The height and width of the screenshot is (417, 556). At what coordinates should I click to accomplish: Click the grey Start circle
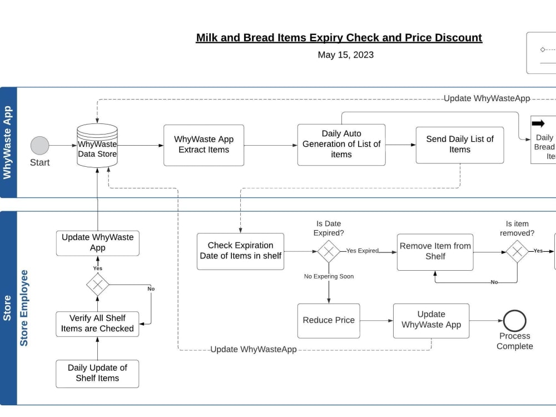click(39, 146)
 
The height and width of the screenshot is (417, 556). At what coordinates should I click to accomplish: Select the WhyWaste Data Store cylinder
click(97, 146)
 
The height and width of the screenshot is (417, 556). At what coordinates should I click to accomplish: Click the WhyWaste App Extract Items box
click(203, 145)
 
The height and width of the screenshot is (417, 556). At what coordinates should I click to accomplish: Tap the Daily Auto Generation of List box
click(341, 145)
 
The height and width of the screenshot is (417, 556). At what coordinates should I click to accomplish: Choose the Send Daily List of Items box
click(460, 145)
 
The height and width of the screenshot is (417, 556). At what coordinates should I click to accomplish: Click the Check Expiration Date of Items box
click(240, 251)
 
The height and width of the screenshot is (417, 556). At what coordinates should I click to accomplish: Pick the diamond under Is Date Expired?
click(329, 251)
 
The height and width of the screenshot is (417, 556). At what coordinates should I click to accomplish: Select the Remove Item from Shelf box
click(435, 252)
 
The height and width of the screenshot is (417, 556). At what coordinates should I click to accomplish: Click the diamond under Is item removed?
click(517, 251)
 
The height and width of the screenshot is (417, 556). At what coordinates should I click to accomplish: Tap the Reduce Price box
click(329, 321)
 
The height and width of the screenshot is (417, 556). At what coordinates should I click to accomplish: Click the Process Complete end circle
click(515, 321)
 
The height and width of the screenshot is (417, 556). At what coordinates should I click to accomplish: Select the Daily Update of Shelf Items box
click(97, 374)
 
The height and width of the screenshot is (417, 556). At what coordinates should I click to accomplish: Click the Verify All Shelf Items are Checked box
click(97, 324)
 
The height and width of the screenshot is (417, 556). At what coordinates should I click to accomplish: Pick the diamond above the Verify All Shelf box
click(98, 285)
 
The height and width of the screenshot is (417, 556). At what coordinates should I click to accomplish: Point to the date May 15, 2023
click(346, 55)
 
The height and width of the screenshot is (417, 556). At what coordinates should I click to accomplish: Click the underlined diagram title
click(339, 38)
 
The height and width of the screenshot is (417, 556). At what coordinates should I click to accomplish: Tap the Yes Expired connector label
click(362, 251)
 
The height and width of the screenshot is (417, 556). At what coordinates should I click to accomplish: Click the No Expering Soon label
click(329, 276)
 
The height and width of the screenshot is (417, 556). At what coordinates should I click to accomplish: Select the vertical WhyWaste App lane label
click(8, 143)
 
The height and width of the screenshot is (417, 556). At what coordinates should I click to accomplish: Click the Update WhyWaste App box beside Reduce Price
click(431, 320)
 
